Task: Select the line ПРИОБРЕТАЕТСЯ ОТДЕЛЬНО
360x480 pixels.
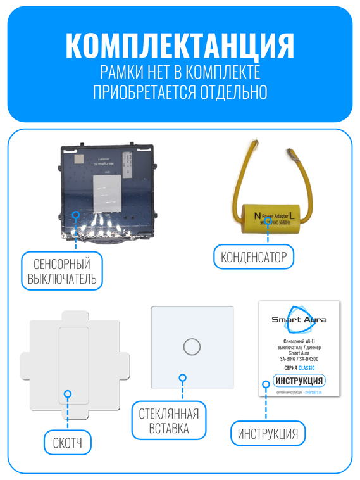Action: coord(180,92)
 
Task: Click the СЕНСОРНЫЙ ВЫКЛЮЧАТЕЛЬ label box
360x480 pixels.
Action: coord(61,271)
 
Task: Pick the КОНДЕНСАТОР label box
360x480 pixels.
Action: coord(254,257)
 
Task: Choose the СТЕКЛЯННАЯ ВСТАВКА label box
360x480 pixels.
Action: coord(168,420)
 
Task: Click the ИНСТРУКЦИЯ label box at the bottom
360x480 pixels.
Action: coord(268,434)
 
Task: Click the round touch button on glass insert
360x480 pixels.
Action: coord(191,346)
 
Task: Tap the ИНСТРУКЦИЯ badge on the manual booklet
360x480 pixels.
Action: coord(299,381)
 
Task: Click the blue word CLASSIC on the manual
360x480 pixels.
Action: coord(306,368)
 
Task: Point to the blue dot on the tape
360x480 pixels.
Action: coord(68,395)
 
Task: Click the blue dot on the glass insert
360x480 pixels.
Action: coord(182,378)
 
